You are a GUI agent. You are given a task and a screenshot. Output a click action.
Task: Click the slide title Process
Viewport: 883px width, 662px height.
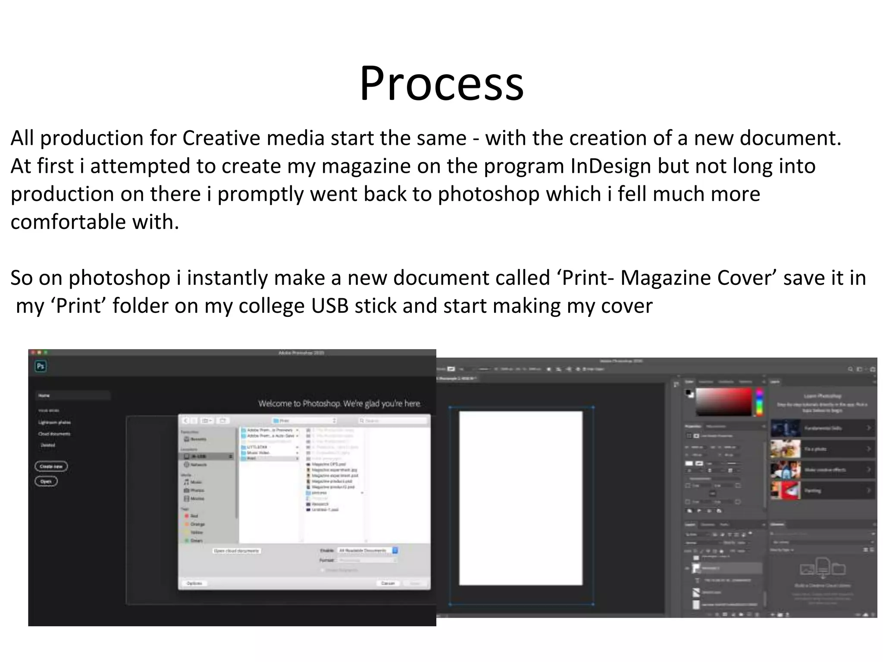click(x=441, y=83)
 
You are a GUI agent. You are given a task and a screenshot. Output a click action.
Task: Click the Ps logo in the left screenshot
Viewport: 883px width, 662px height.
click(x=41, y=366)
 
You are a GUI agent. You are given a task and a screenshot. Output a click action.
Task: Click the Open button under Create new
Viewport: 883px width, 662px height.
click(x=46, y=481)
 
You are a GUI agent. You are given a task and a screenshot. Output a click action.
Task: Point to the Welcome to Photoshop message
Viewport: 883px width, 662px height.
click(x=339, y=404)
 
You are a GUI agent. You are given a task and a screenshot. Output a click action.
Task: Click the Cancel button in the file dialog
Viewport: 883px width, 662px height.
click(x=388, y=583)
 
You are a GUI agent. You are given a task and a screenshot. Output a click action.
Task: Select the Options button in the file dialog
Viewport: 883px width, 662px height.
click(x=194, y=583)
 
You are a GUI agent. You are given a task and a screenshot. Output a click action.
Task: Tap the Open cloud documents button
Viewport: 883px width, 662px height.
click(x=237, y=551)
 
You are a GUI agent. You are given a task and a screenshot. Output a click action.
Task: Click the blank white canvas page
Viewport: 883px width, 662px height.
click(x=520, y=498)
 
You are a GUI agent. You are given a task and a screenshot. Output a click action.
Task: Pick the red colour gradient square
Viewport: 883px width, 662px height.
click(x=723, y=401)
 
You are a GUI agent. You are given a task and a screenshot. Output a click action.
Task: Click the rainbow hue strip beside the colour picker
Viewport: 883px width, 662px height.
click(x=759, y=401)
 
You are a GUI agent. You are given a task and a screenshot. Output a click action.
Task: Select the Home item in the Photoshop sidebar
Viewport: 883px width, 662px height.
click(x=44, y=396)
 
